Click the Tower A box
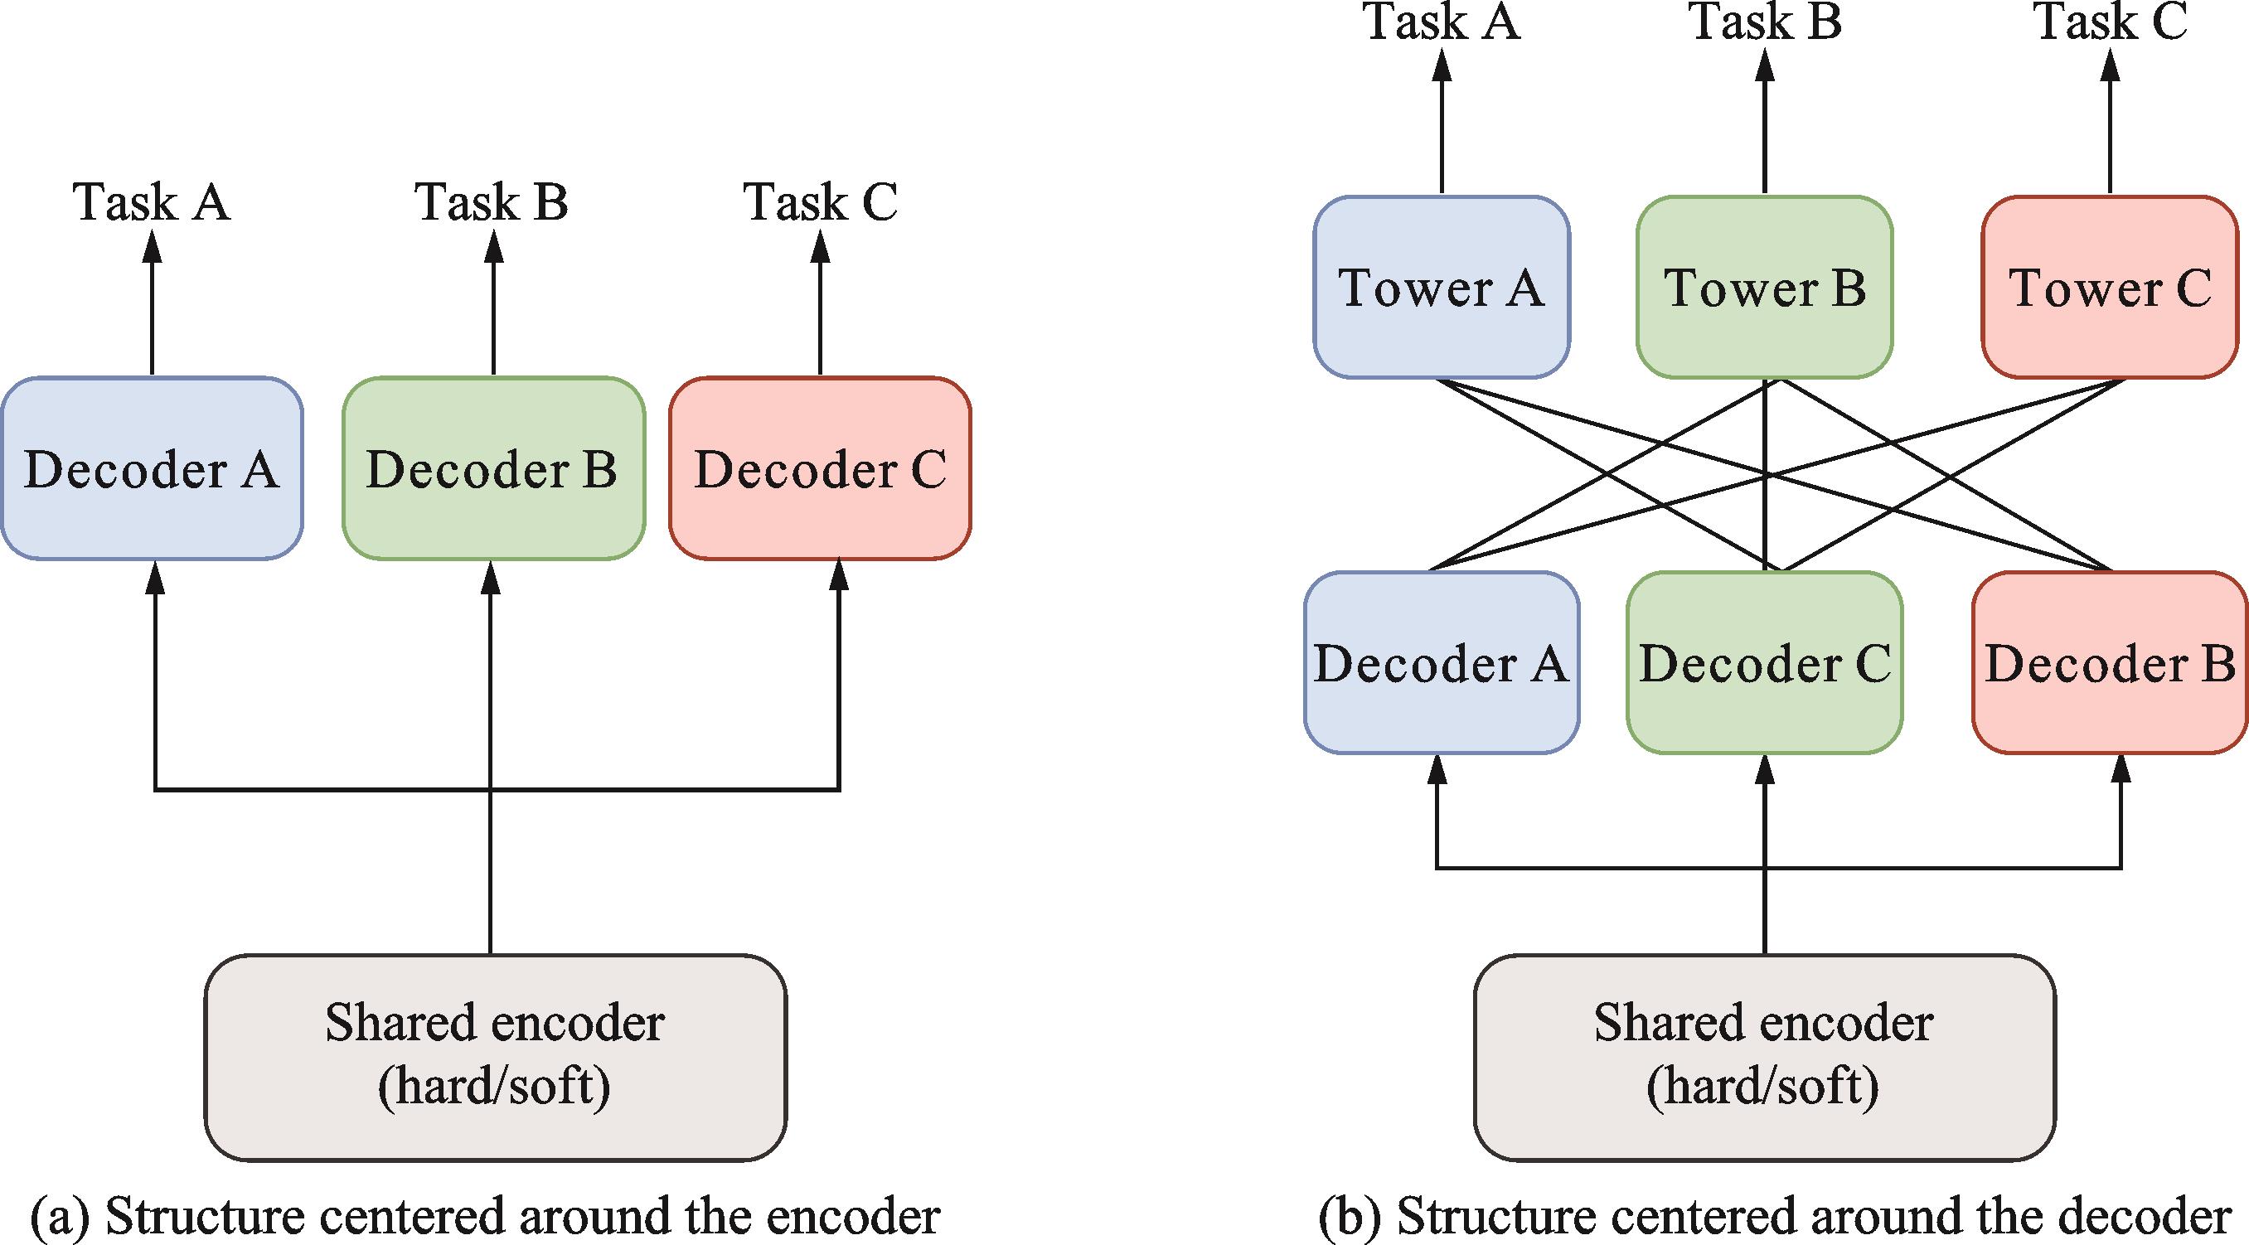coord(1442,288)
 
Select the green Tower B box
coord(1764,288)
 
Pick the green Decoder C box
coord(1764,662)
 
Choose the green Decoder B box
coord(493,469)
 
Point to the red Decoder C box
coord(820,469)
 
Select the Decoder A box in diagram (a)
coord(152,469)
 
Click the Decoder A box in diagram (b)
coord(1442,662)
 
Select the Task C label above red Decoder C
coord(820,202)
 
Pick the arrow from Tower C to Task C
coord(2111,122)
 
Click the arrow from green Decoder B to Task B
coord(493,306)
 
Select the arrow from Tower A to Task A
coord(1442,122)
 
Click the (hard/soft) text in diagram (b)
coord(1762,1087)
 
